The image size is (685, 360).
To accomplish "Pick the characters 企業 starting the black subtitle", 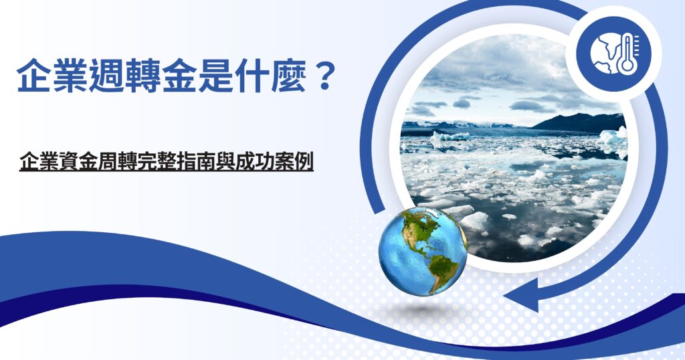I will [38, 163].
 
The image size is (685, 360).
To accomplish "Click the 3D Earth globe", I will [423, 251].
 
